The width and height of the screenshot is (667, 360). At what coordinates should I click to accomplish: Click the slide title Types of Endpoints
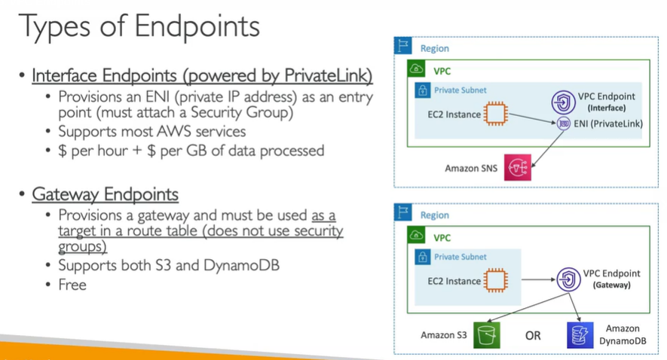(x=139, y=27)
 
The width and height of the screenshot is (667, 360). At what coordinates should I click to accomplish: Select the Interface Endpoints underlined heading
(x=202, y=76)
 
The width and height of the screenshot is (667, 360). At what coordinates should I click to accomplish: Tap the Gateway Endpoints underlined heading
(x=105, y=195)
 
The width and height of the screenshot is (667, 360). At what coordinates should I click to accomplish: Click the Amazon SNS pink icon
(x=518, y=167)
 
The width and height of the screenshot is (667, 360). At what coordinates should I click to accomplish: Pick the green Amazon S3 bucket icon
(x=487, y=334)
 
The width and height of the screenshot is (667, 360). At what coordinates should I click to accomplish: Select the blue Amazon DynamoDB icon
(x=580, y=334)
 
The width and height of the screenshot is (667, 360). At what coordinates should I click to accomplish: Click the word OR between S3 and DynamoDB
(x=533, y=335)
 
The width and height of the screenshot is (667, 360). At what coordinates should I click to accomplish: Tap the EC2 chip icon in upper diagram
(x=495, y=114)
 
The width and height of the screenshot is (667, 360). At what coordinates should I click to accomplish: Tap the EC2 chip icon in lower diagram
(x=495, y=281)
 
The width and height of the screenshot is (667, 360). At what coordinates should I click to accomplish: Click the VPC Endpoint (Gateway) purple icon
(x=566, y=280)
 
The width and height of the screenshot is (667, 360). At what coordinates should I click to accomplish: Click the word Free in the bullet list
(x=72, y=285)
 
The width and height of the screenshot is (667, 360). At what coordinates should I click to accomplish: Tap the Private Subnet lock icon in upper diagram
(x=422, y=90)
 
